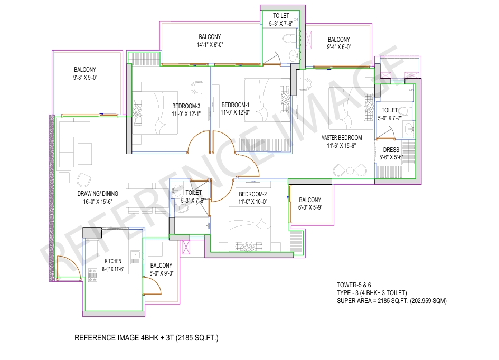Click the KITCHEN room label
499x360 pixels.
113,261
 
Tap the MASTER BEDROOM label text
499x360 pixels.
342,138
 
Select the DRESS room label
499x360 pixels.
391,150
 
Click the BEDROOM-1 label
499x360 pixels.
236,105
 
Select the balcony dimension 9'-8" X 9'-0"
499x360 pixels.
85,78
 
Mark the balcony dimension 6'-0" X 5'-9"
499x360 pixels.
310,208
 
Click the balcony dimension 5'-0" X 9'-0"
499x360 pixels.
161,273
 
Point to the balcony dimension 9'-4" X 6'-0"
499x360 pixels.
338,47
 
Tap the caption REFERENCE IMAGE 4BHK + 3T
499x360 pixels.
146,337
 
